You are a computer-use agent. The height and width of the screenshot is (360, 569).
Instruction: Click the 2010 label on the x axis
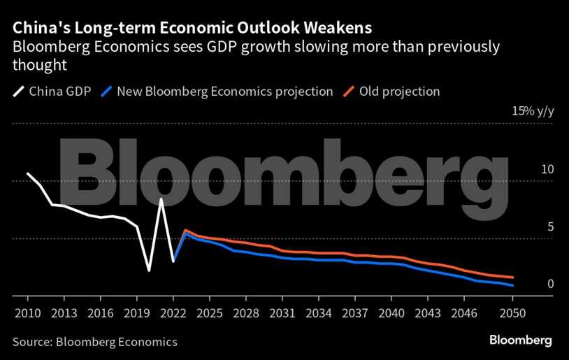click(x=27, y=312)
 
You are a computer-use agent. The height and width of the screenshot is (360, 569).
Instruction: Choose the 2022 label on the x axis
click(x=173, y=312)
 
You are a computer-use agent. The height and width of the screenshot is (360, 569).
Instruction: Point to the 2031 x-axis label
click(x=282, y=312)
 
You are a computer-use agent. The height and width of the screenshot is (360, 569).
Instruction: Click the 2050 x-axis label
click(x=513, y=312)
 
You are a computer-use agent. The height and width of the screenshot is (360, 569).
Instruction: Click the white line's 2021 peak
click(x=161, y=199)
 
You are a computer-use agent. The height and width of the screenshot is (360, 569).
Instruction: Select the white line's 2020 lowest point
click(x=149, y=271)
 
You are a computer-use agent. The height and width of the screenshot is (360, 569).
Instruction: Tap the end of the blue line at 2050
click(x=514, y=286)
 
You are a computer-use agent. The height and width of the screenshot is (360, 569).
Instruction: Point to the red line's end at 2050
click(x=514, y=278)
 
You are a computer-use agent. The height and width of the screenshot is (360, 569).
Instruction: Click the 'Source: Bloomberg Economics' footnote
click(x=94, y=342)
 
